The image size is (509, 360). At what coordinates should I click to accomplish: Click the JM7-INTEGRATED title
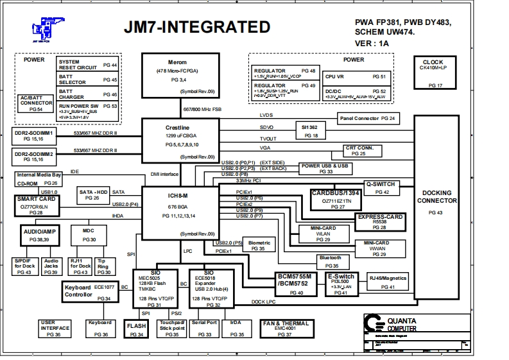[205, 27]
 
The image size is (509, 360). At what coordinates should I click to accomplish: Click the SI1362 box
[312, 132]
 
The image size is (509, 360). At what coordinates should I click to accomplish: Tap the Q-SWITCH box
[381, 188]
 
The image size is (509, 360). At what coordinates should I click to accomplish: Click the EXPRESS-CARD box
[381, 222]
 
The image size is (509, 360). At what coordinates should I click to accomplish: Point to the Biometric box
[259, 245]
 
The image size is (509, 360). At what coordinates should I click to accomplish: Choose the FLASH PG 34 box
[137, 329]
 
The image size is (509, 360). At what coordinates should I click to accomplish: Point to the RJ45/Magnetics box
[389, 282]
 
